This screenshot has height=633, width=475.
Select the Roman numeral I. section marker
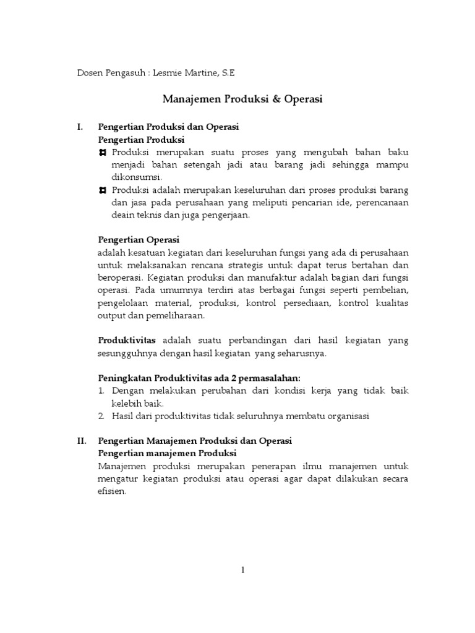pos(80,127)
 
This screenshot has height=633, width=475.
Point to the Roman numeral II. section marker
pos(81,441)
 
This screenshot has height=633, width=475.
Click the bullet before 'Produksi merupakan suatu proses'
pos(103,152)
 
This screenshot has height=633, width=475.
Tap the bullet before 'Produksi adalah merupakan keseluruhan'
pos(103,190)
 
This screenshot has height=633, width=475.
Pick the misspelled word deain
pos(109,215)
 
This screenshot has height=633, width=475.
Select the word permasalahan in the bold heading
pos(270,378)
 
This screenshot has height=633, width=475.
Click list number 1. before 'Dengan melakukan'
pos(103,391)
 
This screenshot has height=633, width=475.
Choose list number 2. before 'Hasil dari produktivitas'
pos(102,416)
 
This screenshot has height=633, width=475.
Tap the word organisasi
pos(347,416)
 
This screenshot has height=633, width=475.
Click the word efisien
pos(111,491)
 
